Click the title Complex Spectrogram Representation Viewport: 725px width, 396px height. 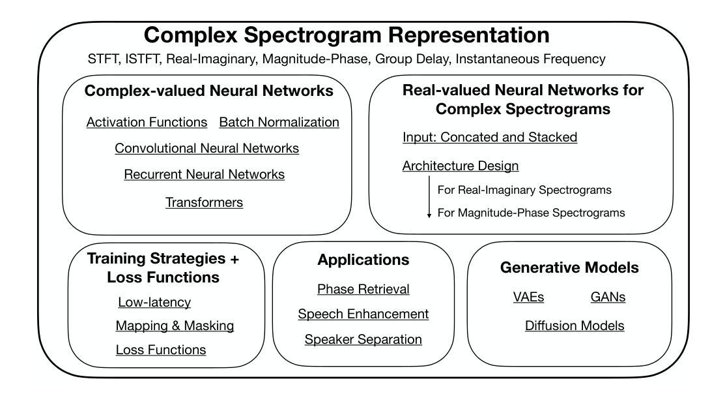[347, 35]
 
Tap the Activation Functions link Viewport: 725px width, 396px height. [147, 122]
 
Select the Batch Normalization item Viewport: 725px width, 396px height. [279, 122]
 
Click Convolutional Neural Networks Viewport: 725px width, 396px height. [206, 148]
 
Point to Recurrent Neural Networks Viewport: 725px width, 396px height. [204, 175]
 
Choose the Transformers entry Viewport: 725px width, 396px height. [204, 202]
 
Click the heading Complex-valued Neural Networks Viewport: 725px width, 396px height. [208, 91]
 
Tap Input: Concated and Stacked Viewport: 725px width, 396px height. [490, 137]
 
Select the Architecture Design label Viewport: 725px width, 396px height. [460, 166]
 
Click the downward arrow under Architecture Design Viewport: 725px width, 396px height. [429, 197]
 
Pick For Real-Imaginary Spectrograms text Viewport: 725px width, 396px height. [524, 190]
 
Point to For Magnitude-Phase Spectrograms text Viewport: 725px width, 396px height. [531, 213]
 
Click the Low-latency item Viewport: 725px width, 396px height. [154, 302]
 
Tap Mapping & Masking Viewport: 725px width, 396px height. [175, 326]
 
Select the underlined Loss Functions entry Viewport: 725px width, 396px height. [161, 350]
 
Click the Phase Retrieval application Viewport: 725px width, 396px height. [363, 289]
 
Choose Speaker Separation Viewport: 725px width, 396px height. [363, 339]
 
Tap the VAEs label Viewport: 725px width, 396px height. [528, 297]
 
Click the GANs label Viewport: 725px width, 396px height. [608, 297]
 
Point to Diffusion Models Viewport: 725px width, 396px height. [575, 326]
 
